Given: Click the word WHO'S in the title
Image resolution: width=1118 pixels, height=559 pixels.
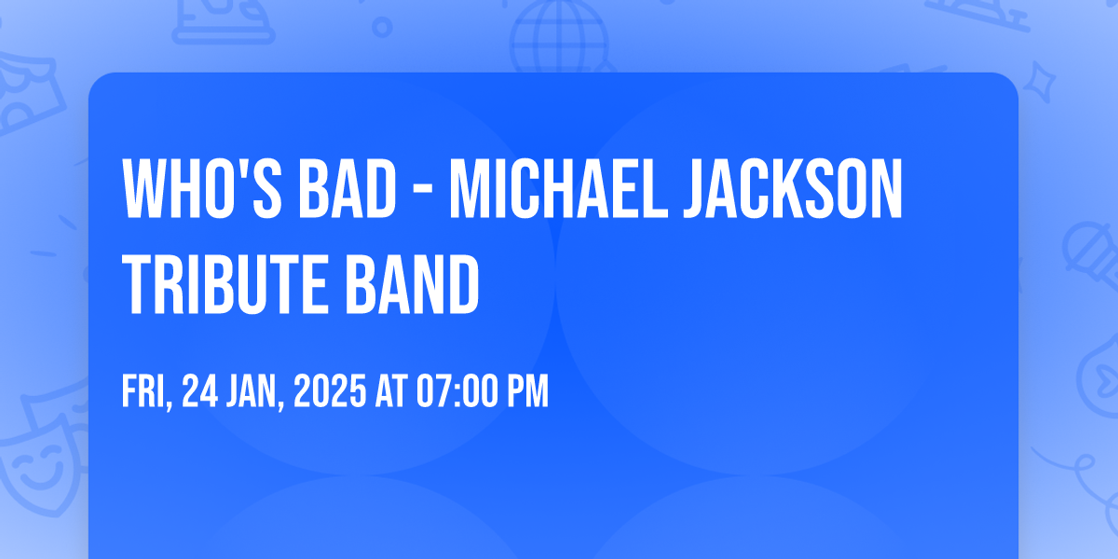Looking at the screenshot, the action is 202,189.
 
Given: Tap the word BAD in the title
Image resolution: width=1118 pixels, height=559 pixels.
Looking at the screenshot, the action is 348,189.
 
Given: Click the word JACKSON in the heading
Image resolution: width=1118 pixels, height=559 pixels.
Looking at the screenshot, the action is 793,189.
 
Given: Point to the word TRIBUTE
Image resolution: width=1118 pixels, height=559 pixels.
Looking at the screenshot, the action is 225,284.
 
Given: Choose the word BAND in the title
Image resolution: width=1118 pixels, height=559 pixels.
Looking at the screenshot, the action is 412,284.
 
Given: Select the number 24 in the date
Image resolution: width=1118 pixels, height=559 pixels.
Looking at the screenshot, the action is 200,390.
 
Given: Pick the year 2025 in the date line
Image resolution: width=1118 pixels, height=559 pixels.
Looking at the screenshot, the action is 330,390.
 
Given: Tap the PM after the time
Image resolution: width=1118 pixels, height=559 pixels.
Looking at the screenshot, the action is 528,390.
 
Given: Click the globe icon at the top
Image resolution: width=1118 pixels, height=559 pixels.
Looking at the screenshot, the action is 560,37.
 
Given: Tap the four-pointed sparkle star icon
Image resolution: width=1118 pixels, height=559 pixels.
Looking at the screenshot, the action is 1039,82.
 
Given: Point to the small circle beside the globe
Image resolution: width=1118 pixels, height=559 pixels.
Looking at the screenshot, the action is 382,27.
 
